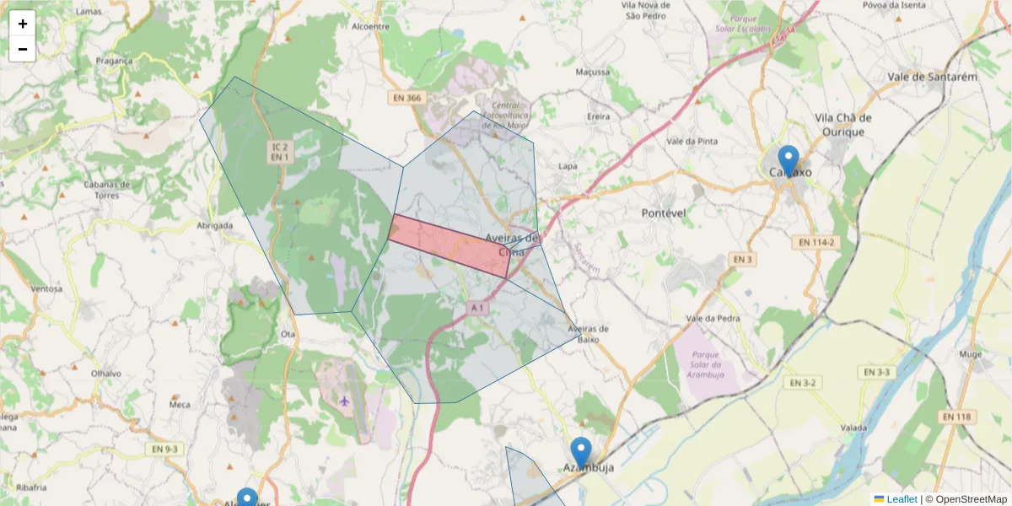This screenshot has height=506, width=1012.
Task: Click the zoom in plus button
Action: [22, 24]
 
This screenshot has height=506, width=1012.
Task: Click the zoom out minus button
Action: [22, 49]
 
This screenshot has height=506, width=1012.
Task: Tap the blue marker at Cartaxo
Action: [789, 160]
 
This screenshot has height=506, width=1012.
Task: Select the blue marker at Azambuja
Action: [580, 452]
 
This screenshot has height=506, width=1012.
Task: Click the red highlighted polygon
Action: [447, 245]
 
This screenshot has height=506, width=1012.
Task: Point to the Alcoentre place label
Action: [370, 26]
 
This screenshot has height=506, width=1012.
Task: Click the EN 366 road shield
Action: [406, 98]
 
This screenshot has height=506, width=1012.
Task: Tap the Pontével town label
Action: [664, 213]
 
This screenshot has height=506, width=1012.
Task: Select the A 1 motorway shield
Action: [477, 309]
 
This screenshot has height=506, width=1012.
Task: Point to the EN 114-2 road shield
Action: [816, 242]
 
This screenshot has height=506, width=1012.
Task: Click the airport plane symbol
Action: [344, 400]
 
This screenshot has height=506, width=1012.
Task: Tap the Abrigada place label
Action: [214, 226]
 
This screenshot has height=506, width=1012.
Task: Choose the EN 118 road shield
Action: [957, 417]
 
